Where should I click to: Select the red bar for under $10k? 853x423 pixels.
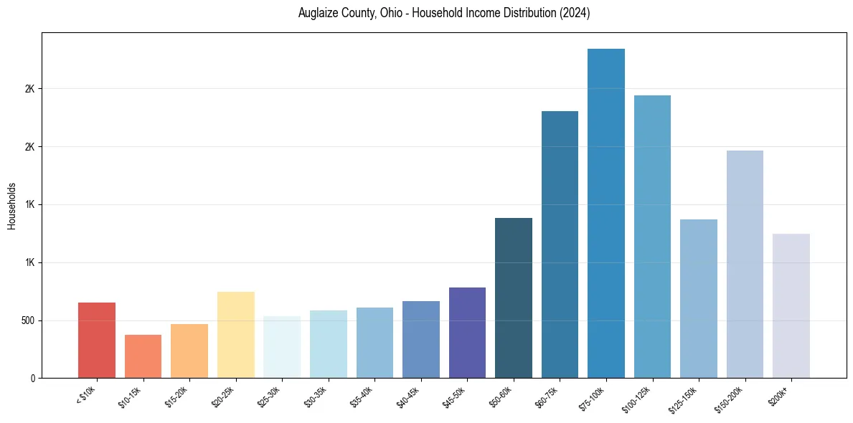click(97, 340)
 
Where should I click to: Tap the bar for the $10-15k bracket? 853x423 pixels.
click(143, 356)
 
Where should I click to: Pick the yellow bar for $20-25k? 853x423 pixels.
click(235, 334)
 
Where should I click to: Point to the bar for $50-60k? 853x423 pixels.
click(513, 298)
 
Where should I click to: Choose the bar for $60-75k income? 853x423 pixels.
click(560, 244)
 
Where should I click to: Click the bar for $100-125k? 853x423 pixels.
click(652, 236)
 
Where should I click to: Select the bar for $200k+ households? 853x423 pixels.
click(791, 305)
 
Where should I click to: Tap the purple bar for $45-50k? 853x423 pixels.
click(467, 332)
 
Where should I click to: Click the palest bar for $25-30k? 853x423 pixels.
click(282, 347)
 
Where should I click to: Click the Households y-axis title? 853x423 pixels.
click(12, 205)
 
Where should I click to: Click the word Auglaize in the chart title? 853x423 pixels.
click(318, 14)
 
